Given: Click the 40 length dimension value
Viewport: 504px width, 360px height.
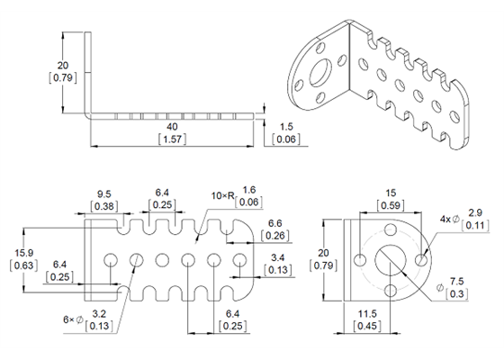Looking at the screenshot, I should [172, 127].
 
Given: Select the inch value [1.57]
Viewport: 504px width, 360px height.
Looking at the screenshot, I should [172, 140].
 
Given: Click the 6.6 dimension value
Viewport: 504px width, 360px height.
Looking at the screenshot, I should [277, 221].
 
